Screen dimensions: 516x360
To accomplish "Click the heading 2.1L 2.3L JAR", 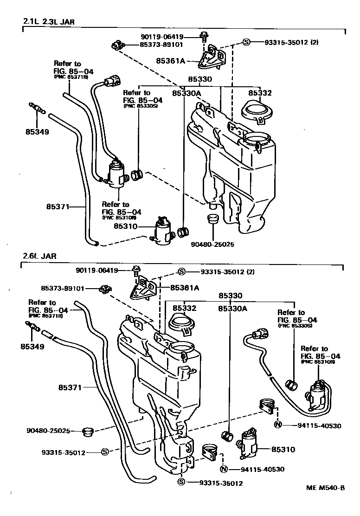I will [49, 21].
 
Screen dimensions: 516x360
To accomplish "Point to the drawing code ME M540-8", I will [325, 488].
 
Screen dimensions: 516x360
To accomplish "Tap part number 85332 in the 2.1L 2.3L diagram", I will [259, 93].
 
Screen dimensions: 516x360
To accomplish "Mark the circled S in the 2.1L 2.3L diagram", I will [246, 42].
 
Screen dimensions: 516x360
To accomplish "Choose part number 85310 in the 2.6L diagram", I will [283, 449].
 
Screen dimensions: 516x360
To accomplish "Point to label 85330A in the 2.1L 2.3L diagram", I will [186, 93].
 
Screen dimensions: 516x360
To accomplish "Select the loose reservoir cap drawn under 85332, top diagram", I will [255, 112].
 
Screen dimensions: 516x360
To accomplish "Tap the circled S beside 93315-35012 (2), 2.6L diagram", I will [182, 272].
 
